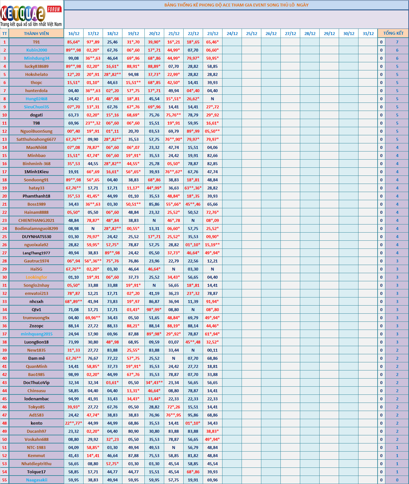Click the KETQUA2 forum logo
pos(31,15)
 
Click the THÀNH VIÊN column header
pos(36,33)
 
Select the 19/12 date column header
pos(133,33)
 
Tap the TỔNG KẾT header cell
pos(393,33)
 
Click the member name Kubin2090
pos(37,50)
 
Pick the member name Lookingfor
pos(37,277)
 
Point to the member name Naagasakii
pos(37,480)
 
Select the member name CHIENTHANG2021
pos(36,220)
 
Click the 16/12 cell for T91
pos(74,42)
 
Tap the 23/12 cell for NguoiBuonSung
pos(212,131)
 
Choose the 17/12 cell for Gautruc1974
pos(93,261)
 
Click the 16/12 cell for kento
pos(74,423)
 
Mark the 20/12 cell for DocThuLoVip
pos(154,382)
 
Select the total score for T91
pos(397,42)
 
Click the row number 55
pos(5,480)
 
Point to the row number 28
pos(5,261)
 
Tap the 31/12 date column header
pos(368,33)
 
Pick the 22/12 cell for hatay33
pos(193,188)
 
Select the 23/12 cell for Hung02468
pos(212,99)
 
